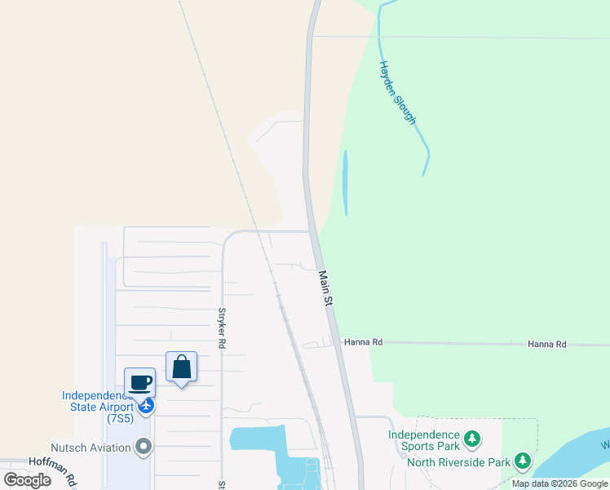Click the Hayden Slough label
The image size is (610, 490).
[398, 92]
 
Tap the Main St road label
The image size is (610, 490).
[325, 289]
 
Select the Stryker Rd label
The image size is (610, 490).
[221, 328]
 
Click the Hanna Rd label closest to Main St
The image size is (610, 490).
[363, 343]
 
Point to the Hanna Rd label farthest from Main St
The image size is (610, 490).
[546, 345]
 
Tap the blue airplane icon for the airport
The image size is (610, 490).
[146, 405]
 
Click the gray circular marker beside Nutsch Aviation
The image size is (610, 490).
[144, 446]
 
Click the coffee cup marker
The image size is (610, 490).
[139, 382]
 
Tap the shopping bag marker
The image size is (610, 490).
[181, 366]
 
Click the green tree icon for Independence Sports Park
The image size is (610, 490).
[471, 441]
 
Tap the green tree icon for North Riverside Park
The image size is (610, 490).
[522, 462]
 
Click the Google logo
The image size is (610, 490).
[27, 480]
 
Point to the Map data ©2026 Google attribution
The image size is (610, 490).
[559, 483]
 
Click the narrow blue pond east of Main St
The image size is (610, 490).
[345, 182]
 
